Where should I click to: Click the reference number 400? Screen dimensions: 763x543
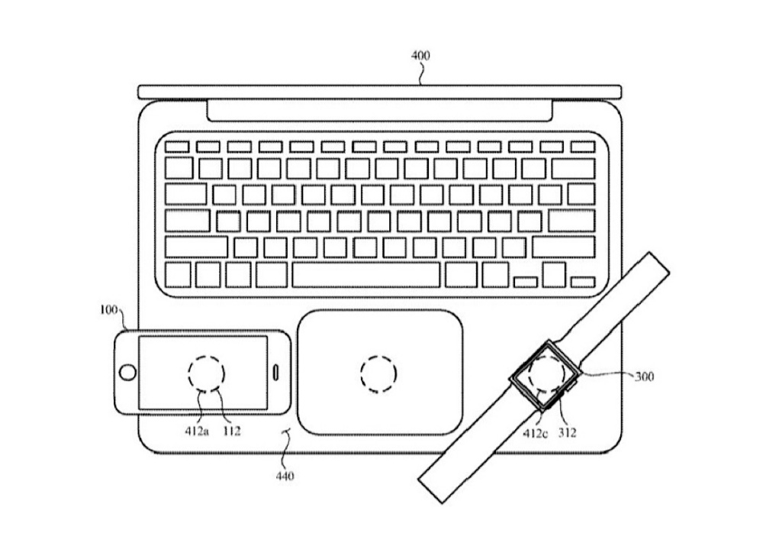pos(420,56)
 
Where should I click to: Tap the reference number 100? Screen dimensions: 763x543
pos(109,310)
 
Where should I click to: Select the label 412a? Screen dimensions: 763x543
pos(197,431)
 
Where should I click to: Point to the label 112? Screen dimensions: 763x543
pos(232,431)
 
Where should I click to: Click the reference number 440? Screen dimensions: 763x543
pos(285,476)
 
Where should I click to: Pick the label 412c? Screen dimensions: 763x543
pos(535,433)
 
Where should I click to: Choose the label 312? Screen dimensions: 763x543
pos(568,432)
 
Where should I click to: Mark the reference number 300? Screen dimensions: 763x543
pos(644,377)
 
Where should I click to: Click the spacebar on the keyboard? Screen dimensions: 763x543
pos(366,275)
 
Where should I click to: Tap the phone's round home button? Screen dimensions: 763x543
pos(127,373)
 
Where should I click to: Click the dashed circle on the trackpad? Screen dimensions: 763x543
pos(378,374)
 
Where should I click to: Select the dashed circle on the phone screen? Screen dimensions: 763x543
pos(206,374)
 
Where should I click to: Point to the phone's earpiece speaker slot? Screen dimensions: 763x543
pos(276,373)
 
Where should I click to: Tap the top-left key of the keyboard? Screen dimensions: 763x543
pos(177,147)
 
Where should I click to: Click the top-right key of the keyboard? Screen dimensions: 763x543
pos(582,147)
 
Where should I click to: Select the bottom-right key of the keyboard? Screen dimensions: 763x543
pos(582,282)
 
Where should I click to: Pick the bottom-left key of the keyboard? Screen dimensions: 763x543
pos(178,275)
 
